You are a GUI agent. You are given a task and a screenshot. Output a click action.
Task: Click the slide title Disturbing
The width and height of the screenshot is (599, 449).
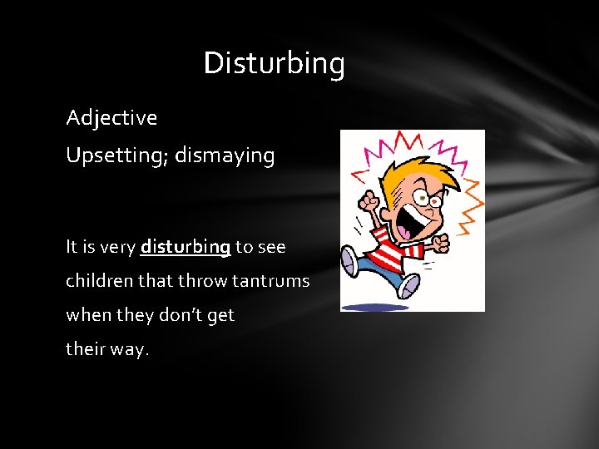pos(274,64)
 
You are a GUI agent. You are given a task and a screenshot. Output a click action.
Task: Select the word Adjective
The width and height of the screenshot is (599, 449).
pos(111,118)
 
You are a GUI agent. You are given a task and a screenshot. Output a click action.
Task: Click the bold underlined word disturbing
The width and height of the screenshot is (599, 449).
pos(186,247)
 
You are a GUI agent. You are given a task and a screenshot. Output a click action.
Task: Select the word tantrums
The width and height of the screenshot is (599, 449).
pos(271,282)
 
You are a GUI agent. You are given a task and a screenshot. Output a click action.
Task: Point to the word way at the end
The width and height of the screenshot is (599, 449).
pos(130,350)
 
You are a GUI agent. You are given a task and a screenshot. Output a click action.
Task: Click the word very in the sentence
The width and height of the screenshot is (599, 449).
pos(117,247)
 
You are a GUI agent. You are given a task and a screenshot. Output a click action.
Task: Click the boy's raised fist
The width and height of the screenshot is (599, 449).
pos(368,201)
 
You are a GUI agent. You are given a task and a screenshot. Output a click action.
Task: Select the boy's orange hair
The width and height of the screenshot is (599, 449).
pos(403,170)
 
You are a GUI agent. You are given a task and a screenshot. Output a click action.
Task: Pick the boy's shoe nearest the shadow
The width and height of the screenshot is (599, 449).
pos(408,285)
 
